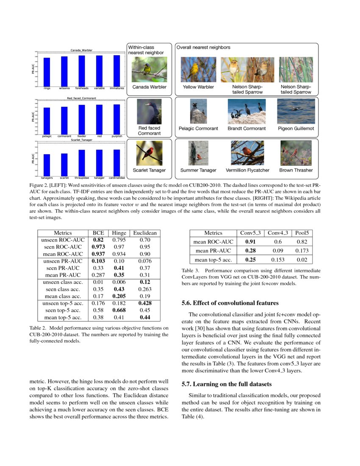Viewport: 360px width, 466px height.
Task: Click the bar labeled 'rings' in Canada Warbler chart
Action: [47, 72]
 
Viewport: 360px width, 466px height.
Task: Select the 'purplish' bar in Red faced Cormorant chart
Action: [116, 119]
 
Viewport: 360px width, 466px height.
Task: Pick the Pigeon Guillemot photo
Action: [296, 111]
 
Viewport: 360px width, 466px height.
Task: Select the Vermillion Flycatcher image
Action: [247, 153]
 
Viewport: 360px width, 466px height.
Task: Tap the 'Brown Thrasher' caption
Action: [296, 170]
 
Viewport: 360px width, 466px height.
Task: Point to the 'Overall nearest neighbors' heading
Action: [203, 48]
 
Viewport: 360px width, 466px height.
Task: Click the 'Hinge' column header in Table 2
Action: [119, 233]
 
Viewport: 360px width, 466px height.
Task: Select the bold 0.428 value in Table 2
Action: [145, 303]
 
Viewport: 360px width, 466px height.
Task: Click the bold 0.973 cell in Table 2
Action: [98, 247]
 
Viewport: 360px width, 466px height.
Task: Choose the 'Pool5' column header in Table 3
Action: [302, 233]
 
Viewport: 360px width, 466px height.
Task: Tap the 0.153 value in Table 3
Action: [277, 260]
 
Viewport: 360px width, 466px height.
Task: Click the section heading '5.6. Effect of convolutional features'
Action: [230, 303]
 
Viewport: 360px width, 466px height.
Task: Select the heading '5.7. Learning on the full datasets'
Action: [227, 384]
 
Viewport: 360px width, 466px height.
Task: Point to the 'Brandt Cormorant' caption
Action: [246, 128]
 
